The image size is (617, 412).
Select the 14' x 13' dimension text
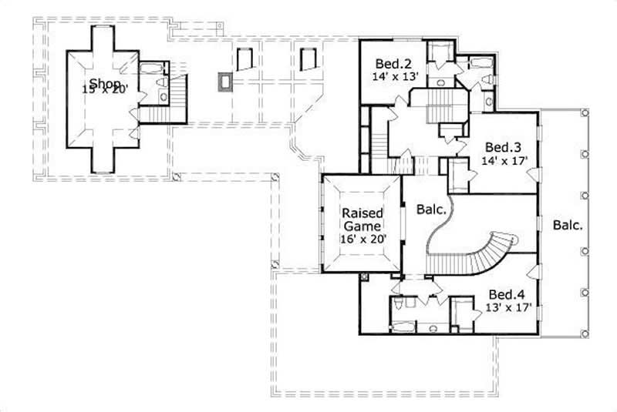click(x=396, y=76)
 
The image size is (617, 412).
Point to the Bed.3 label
click(x=499, y=146)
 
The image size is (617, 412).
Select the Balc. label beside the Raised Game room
click(x=431, y=209)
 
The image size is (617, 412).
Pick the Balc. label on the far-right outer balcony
click(x=567, y=226)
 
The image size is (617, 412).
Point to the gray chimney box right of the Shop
click(x=225, y=82)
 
